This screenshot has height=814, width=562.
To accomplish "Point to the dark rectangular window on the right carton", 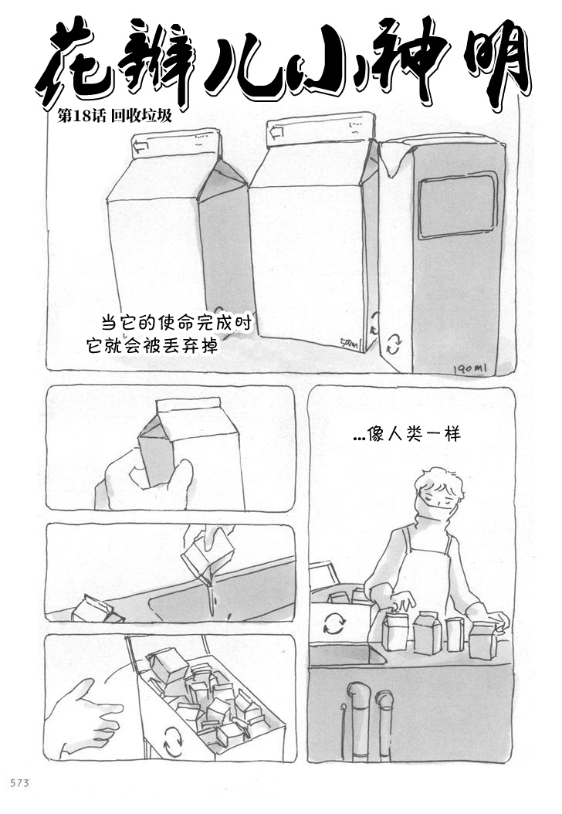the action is (x=457, y=206).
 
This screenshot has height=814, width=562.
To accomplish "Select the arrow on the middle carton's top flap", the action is (x=276, y=132).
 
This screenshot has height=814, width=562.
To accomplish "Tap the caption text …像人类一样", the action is (x=406, y=433).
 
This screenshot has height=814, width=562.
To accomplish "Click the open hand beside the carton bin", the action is (x=83, y=717).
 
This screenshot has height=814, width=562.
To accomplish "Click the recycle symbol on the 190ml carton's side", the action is (x=394, y=343).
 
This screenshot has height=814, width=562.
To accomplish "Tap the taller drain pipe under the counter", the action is (x=358, y=721).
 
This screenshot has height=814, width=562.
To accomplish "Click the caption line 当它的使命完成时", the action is (x=177, y=323).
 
